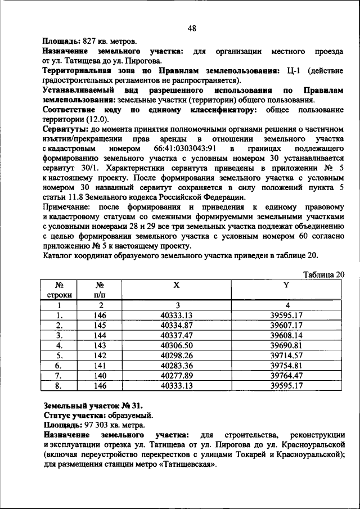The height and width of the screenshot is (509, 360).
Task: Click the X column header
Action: pyautogui.click(x=177, y=285)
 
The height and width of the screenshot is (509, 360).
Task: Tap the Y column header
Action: pyautogui.click(x=286, y=285)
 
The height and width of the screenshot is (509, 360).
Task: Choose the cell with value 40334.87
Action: pyautogui.click(x=177, y=325)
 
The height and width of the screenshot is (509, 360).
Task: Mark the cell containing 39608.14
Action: pyautogui.click(x=286, y=335)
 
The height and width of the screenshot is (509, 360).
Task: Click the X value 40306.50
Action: pyautogui.click(x=177, y=345)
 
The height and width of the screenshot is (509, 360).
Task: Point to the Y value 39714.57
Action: pyautogui.click(x=286, y=355)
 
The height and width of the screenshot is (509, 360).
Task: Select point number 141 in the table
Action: pyautogui.click(x=100, y=366)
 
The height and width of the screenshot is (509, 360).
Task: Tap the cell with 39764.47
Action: pyautogui.click(x=286, y=375)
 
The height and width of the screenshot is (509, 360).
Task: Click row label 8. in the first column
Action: pyautogui.click(x=58, y=385)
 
